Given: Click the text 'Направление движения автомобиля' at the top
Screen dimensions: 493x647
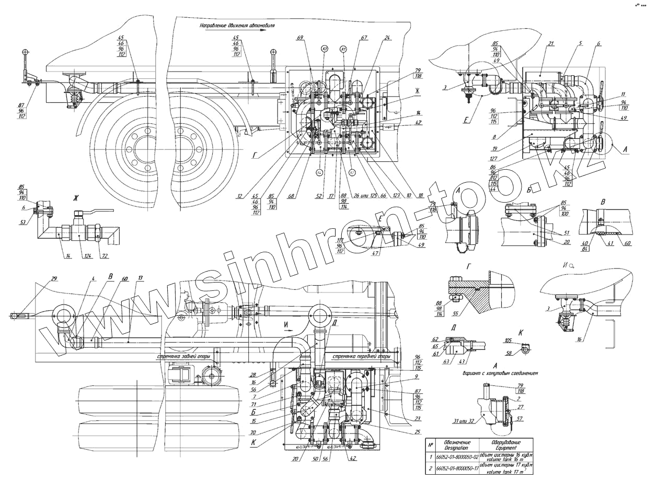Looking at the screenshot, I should coord(237,25).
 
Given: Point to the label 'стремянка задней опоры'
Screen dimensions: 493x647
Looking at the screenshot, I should coord(183,357).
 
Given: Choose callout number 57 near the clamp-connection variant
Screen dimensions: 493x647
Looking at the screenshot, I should coord(519,419).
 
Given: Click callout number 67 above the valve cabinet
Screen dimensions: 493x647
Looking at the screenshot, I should coord(364,38).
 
